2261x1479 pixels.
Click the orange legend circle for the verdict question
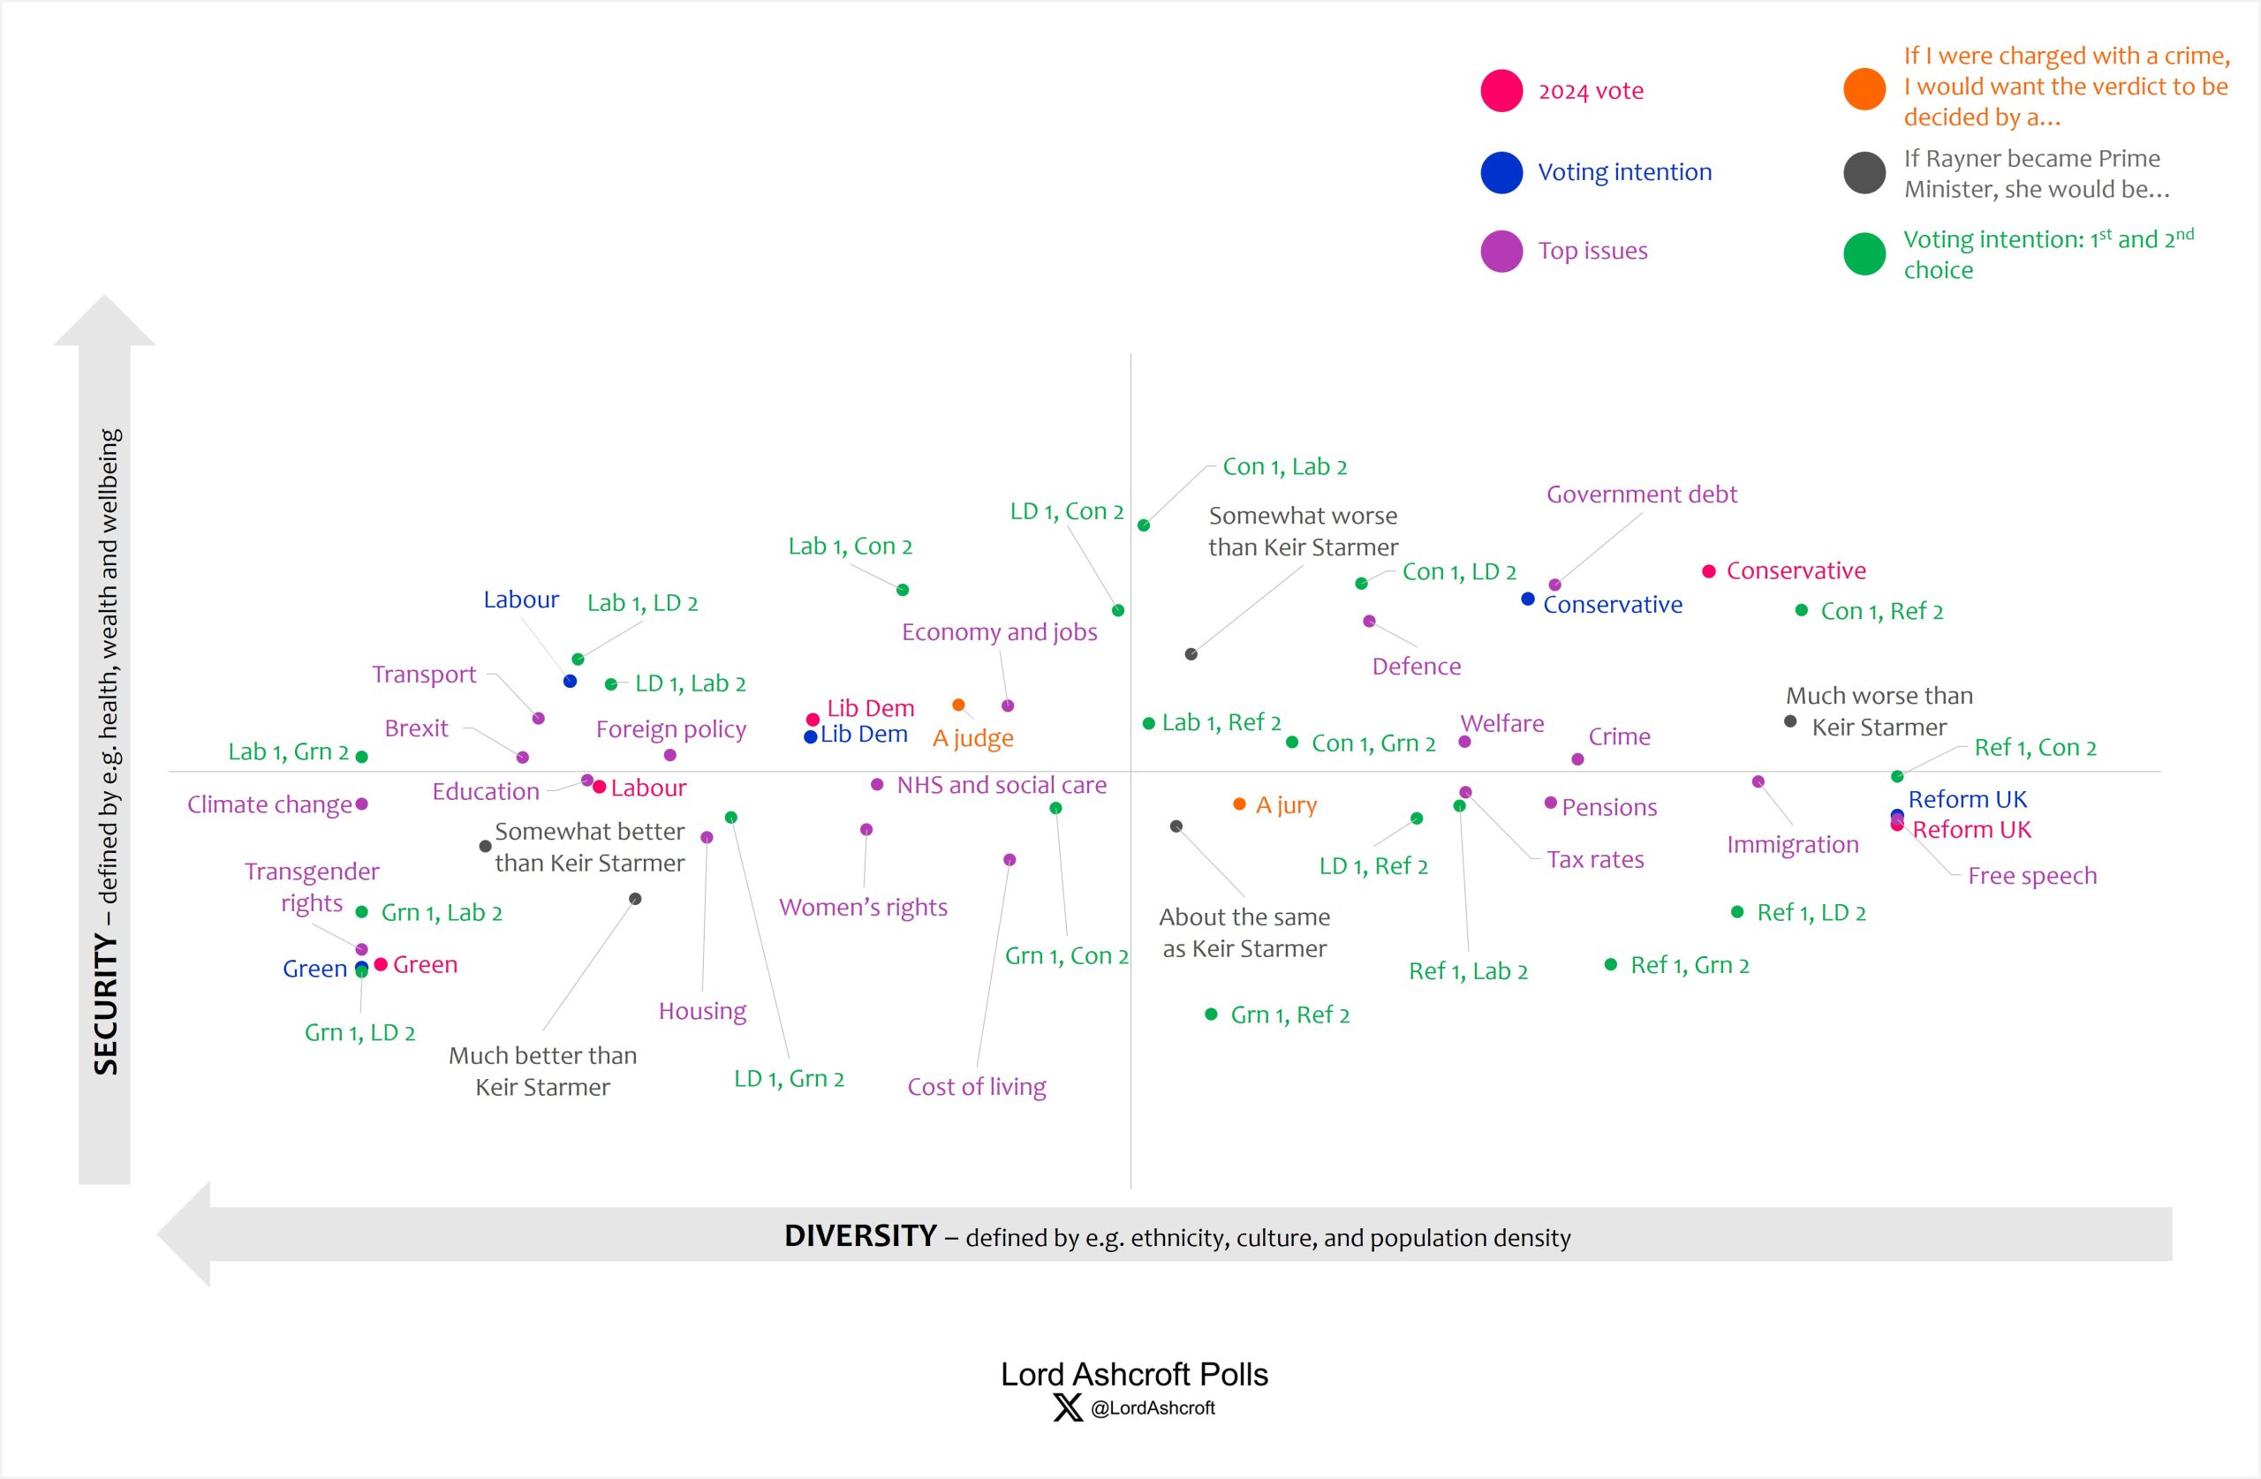pos(1864,88)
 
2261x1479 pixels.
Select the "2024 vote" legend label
pos(1591,91)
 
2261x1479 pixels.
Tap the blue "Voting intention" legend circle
pos(1501,172)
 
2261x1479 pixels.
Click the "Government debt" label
pos(1641,494)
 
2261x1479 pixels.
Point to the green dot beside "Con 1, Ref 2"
pos(1801,610)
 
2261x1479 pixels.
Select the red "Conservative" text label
pos(1796,571)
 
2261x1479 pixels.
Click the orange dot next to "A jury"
pos(1239,804)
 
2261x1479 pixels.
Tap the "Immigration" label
pos(1792,844)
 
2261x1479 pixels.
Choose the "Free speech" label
pos(2031,876)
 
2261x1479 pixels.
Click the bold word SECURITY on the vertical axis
pos(105,1004)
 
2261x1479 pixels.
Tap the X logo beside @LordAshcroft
pos(1068,1407)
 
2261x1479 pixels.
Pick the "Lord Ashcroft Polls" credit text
pos(1134,1375)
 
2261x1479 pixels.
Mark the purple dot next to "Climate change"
pos(361,804)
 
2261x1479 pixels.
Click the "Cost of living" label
pos(977,1087)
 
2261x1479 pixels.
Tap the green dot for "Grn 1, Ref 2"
pos(1210,1015)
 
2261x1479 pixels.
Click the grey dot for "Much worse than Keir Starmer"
pos(1789,721)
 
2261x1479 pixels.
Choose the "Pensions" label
pos(1609,807)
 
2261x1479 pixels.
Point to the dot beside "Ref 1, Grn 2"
pos(1610,964)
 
